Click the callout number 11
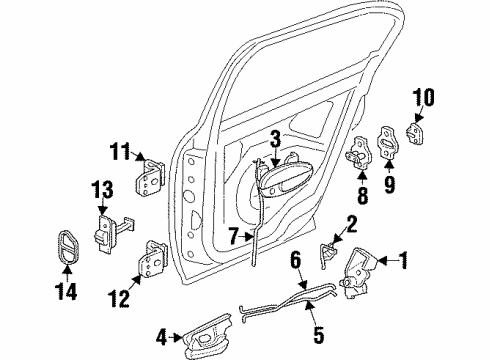120,152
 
